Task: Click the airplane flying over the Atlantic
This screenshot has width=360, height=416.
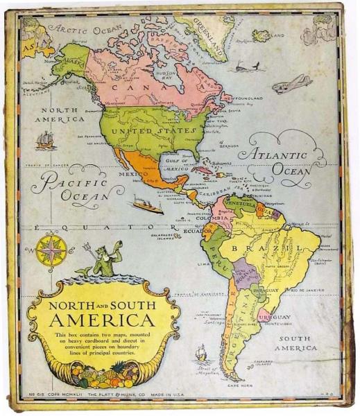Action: coord(291,85)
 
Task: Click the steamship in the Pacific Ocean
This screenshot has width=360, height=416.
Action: coord(148,206)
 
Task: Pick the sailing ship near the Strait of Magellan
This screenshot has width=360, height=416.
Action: coord(202,354)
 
